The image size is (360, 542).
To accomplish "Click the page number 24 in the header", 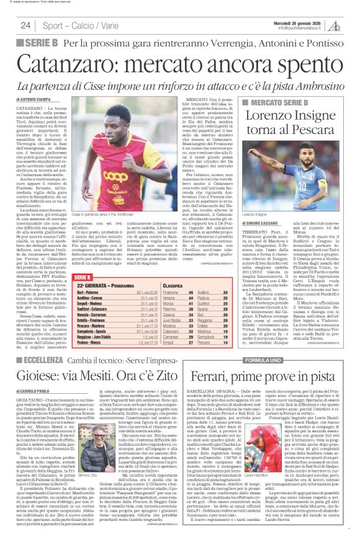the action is click(x=25, y=25).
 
